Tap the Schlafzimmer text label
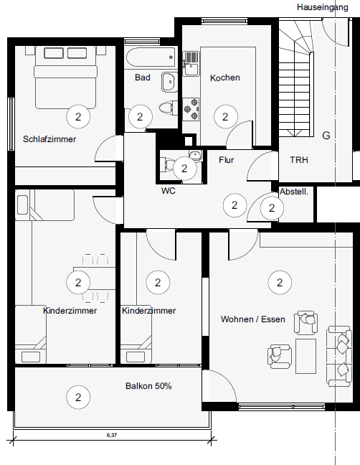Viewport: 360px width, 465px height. (x=49, y=139)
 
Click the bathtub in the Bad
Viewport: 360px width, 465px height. (x=151, y=58)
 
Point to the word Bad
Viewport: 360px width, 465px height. (x=142, y=77)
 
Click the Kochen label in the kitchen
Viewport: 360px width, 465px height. (x=224, y=77)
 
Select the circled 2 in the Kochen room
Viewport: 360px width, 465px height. (x=226, y=116)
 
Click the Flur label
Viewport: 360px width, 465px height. (x=227, y=160)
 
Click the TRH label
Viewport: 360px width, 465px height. (x=299, y=160)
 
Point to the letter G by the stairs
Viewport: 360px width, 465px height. (x=326, y=136)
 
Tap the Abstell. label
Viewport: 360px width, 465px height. (x=294, y=192)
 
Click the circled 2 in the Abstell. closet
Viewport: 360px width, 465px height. (x=271, y=208)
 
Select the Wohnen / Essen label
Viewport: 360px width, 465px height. (x=253, y=319)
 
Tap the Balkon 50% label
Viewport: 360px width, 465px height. (x=148, y=386)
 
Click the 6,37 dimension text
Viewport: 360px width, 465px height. (x=112, y=436)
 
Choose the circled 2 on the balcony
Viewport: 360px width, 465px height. (x=77, y=395)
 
